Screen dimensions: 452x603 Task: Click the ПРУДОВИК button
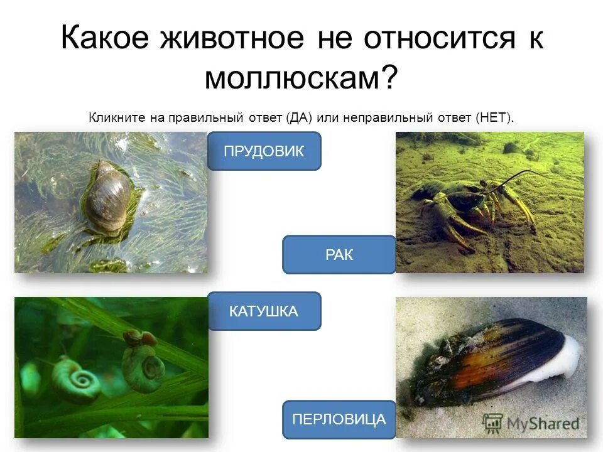264,151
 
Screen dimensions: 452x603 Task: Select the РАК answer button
339,255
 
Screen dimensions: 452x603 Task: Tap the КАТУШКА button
264,311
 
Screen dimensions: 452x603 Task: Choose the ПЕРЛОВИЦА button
339,419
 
